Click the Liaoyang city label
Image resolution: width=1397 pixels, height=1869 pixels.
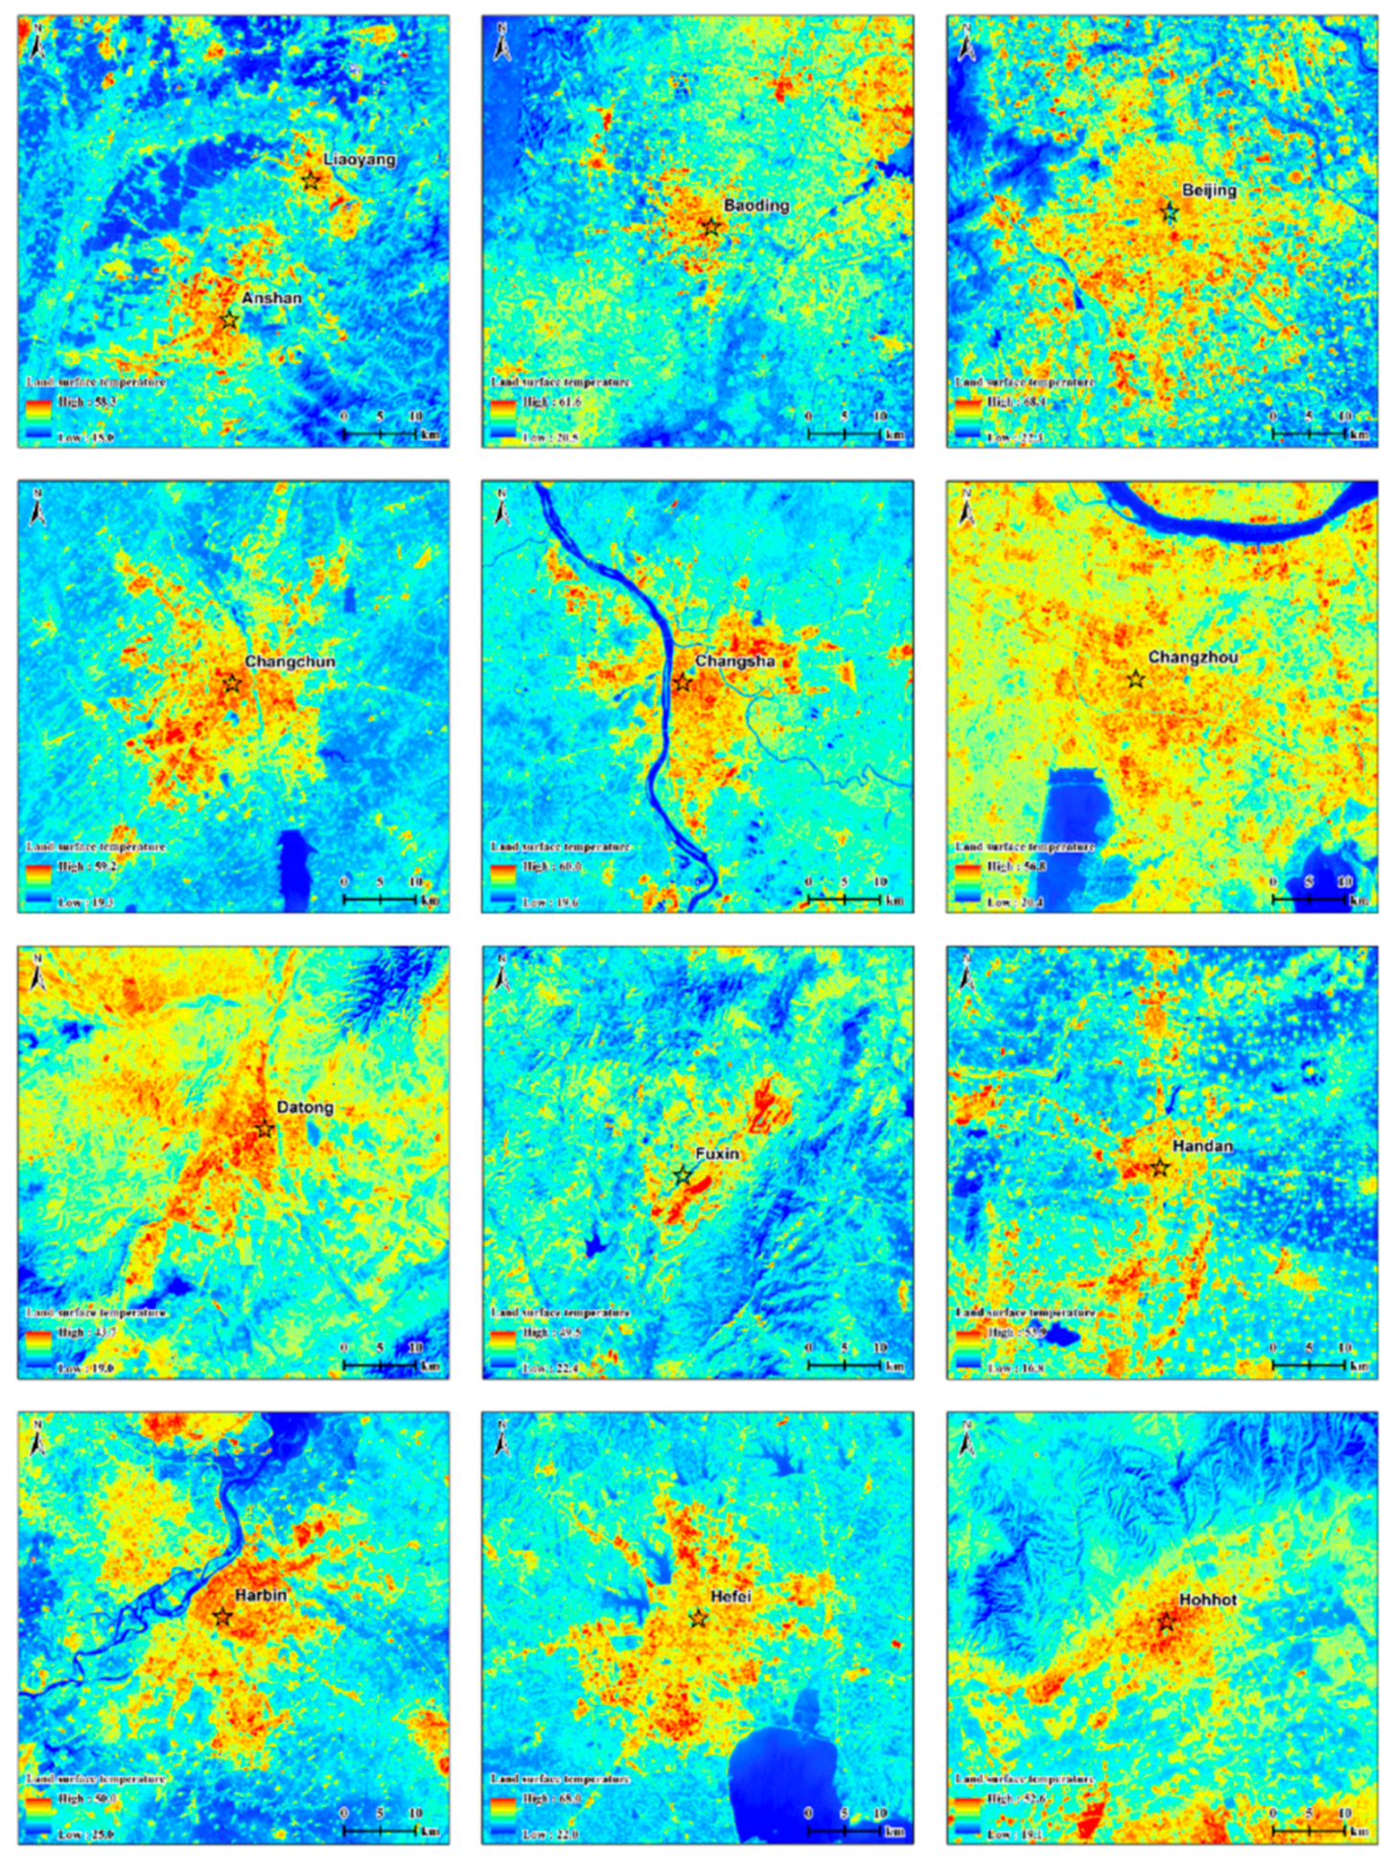[x=359, y=159]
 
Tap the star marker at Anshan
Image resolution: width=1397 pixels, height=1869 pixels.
[x=228, y=319]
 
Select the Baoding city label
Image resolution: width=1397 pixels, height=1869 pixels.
[x=756, y=205]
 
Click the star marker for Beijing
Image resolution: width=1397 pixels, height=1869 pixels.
[x=1169, y=212]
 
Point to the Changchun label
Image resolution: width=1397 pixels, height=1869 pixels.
[x=290, y=662]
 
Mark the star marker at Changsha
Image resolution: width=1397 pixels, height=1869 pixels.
[x=682, y=684]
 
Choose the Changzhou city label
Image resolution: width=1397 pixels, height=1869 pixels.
[x=1192, y=658]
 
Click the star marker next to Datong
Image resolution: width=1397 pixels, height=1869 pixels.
[x=265, y=1129]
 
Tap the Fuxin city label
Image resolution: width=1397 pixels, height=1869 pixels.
[x=716, y=1154]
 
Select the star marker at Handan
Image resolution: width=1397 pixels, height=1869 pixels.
[x=1159, y=1168]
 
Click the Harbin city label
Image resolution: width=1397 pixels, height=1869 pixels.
[x=260, y=1596]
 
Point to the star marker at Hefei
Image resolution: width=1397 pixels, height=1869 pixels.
[x=698, y=1619]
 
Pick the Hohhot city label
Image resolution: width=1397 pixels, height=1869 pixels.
[x=1207, y=1600]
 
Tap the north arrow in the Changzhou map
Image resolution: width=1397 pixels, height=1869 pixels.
[x=966, y=508]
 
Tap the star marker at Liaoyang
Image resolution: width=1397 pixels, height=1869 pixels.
[x=311, y=180]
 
